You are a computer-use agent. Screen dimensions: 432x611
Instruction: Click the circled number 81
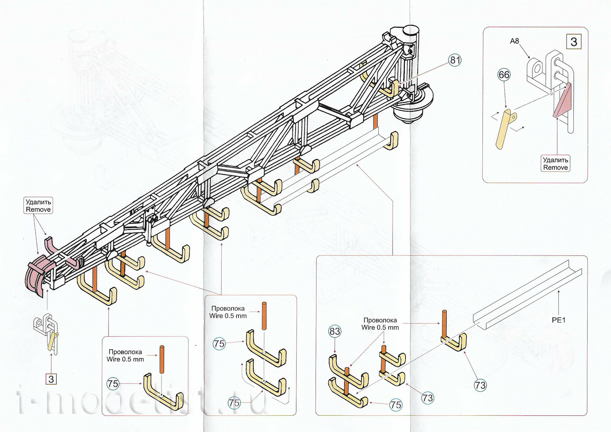[x=455, y=61]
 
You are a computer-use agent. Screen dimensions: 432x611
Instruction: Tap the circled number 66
[x=504, y=75]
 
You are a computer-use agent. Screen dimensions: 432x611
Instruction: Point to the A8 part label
[x=514, y=41]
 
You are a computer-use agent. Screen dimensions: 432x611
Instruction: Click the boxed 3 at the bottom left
[x=51, y=379]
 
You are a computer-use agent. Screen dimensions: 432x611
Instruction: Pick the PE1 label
[x=558, y=320]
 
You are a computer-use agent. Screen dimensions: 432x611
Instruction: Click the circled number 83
[x=335, y=331]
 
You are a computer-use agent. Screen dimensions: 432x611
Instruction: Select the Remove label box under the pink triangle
[x=556, y=163]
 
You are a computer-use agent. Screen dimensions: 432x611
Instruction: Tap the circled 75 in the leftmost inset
[x=113, y=384]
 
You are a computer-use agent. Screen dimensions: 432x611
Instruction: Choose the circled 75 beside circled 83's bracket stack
[x=396, y=405]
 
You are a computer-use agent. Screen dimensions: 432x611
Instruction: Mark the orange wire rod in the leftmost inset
[x=162, y=360]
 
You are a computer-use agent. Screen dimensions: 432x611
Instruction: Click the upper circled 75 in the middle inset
[x=219, y=344]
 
